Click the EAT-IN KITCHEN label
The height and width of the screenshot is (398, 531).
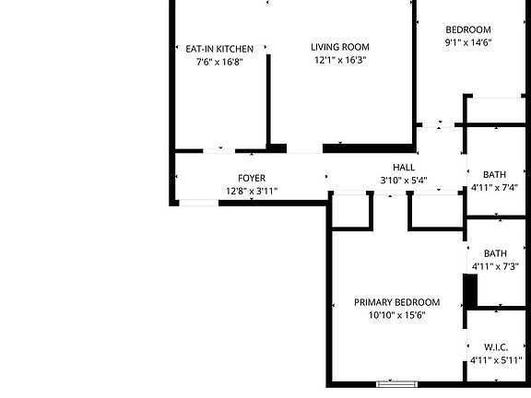pyautogui.click(x=219, y=48)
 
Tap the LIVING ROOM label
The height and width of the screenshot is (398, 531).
pyautogui.click(x=339, y=47)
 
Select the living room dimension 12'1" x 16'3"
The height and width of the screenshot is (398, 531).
pyautogui.click(x=339, y=61)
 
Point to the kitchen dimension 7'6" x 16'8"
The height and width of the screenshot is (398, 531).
pyautogui.click(x=219, y=62)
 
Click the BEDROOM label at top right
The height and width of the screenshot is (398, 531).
pyautogui.click(x=468, y=29)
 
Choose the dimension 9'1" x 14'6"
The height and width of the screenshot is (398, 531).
pyautogui.click(x=468, y=42)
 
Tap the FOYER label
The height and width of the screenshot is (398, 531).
pyautogui.click(x=252, y=178)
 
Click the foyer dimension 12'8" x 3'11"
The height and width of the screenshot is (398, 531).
pyautogui.click(x=252, y=192)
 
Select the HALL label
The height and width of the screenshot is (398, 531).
pyautogui.click(x=404, y=167)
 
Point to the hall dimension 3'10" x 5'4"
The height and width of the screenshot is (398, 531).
pyautogui.click(x=404, y=181)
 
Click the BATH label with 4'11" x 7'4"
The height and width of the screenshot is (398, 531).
pyautogui.click(x=495, y=174)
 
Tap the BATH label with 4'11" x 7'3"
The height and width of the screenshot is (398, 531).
pyautogui.click(x=495, y=253)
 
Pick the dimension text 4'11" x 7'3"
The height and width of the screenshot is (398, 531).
pyautogui.click(x=495, y=267)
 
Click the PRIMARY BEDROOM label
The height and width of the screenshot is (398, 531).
pyautogui.click(x=397, y=302)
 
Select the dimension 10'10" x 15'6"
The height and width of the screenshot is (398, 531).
pyautogui.click(x=397, y=316)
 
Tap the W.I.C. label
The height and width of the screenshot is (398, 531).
pyautogui.click(x=495, y=346)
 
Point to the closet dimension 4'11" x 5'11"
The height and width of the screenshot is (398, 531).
pyautogui.click(x=495, y=360)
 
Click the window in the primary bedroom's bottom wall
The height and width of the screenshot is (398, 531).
pyautogui.click(x=397, y=383)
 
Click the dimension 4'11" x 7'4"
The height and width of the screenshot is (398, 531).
pyautogui.click(x=495, y=187)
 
